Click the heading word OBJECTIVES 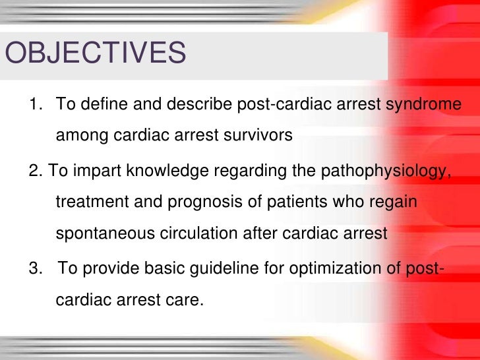click(96, 53)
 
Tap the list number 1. click(34, 105)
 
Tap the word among click(78, 136)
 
